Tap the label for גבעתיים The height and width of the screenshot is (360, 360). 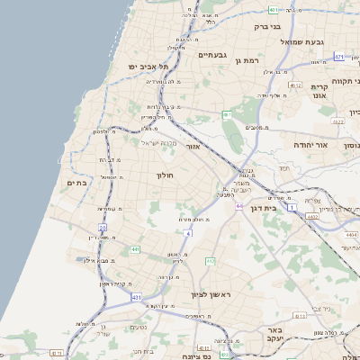coord(212,55)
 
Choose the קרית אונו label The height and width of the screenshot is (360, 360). coord(319,91)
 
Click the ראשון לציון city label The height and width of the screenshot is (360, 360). coord(211,294)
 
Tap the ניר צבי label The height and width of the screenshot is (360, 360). coord(321,308)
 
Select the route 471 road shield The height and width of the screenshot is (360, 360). coord(338,57)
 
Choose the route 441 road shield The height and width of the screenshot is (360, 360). coord(133,249)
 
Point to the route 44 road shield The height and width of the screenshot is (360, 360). coord(239,206)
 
